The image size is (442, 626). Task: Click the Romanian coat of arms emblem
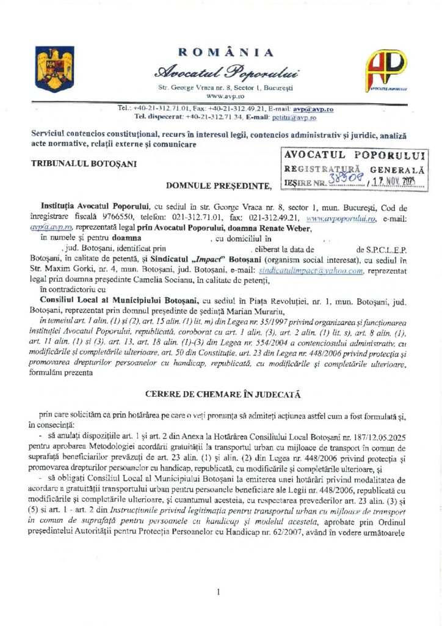[55, 69]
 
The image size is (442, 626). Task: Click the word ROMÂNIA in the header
[226, 53]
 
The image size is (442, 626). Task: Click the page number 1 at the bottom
[218, 592]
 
